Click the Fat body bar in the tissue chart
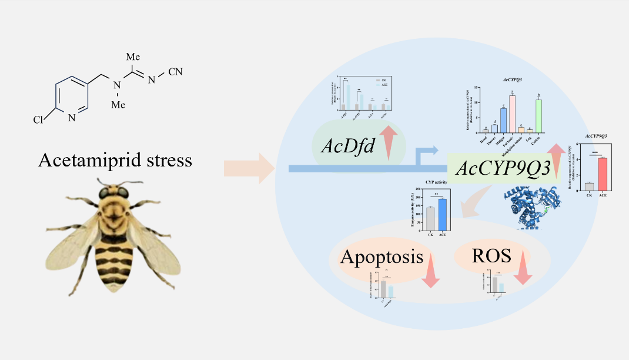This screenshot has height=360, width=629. [x=512, y=114]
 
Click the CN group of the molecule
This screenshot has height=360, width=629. [x=175, y=73]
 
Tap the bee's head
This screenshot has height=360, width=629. [x=111, y=192]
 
